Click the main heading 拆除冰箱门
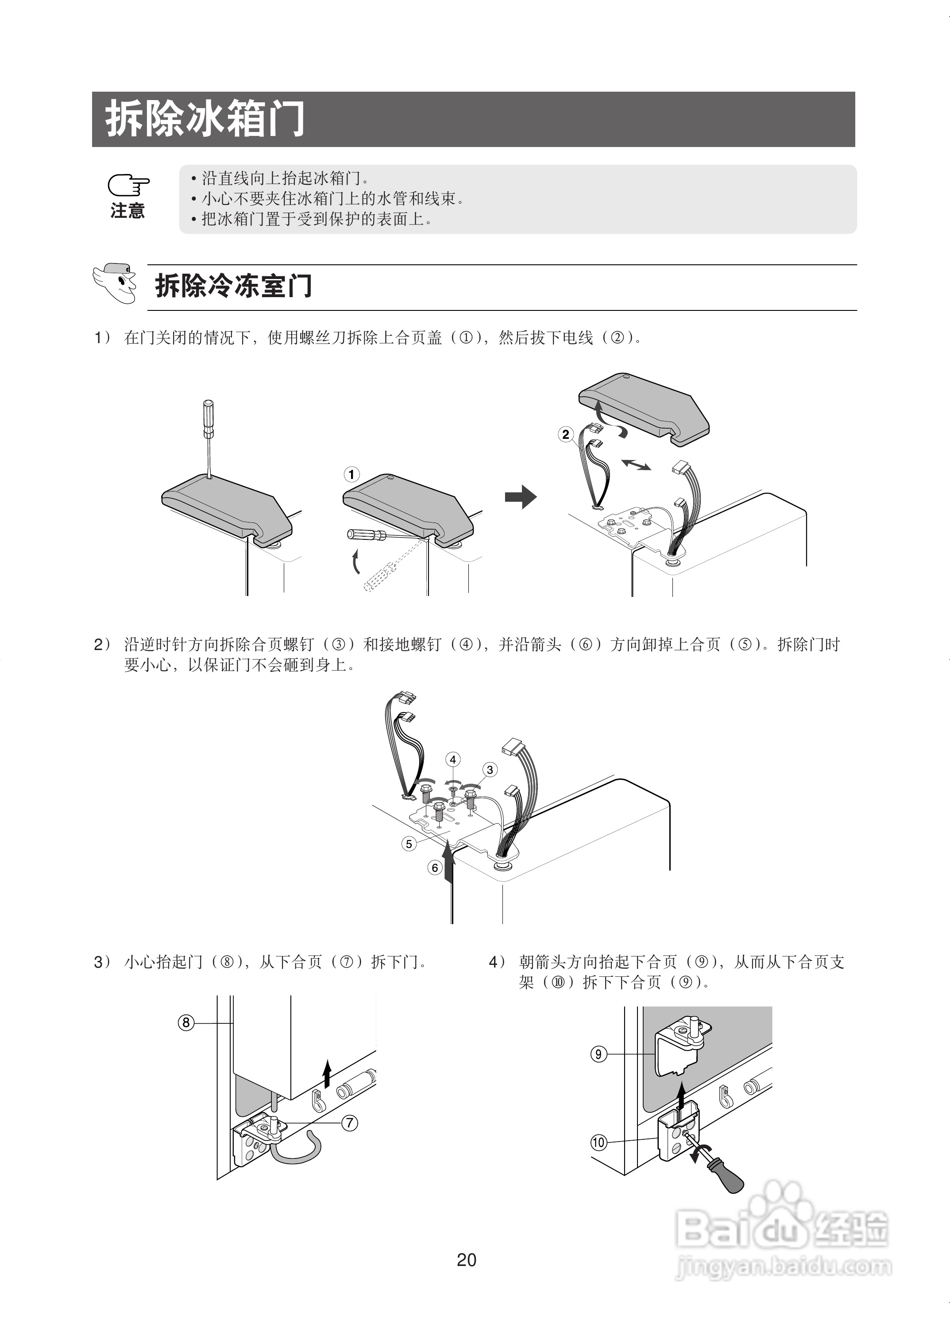point(205,119)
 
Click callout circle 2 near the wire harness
point(565,435)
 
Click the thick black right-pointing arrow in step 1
point(520,496)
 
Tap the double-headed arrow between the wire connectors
point(636,465)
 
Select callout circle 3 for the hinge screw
point(490,770)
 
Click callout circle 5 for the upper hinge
point(409,844)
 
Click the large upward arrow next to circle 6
point(448,864)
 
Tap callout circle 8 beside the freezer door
point(185,1022)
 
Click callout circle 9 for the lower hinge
point(599,1054)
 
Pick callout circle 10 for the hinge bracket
point(599,1142)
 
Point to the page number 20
point(467,1260)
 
